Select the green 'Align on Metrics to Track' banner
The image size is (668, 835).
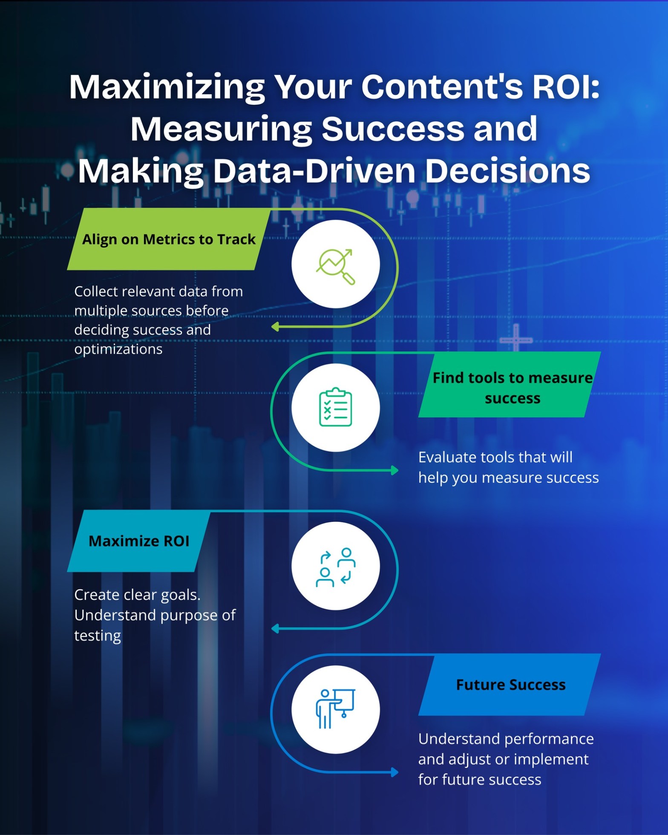click(x=169, y=239)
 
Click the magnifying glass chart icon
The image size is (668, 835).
click(x=336, y=265)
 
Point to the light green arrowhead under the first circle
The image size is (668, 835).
click(x=276, y=327)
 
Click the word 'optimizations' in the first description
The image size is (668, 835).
click(x=118, y=349)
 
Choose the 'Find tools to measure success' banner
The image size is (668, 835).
click(x=510, y=385)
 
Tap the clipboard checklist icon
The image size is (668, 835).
click(x=336, y=407)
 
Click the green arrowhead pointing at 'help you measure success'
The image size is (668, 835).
click(x=395, y=470)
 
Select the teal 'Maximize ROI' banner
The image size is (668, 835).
click(x=138, y=541)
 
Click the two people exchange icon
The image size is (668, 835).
click(x=336, y=567)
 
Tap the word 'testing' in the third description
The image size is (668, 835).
click(x=98, y=636)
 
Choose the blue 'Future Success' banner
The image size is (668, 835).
click(x=510, y=685)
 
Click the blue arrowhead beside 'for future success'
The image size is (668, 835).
click(x=395, y=772)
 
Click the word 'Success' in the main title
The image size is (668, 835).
click(x=392, y=130)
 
